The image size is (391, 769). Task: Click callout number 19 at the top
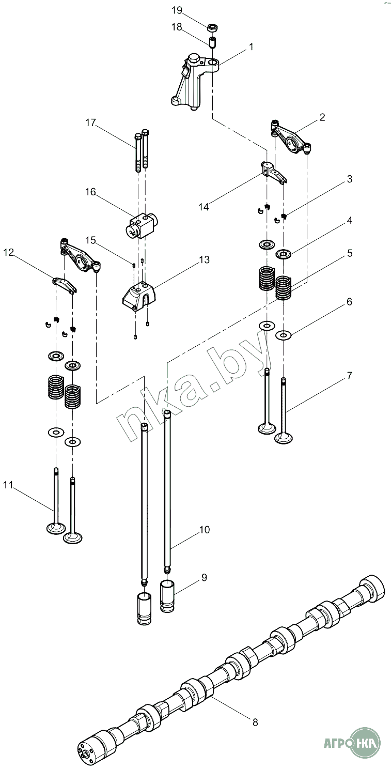[176, 10]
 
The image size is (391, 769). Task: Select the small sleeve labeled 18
[212, 41]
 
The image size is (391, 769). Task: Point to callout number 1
[251, 47]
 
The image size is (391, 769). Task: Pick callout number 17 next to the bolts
[91, 122]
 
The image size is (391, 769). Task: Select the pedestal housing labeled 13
[137, 296]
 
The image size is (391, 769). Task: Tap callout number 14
[204, 207]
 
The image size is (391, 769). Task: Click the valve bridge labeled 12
[65, 283]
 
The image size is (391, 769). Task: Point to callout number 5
[349, 253]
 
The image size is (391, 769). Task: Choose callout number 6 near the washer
[349, 302]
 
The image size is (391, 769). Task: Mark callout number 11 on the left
[7, 484]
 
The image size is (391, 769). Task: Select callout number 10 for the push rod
[204, 530]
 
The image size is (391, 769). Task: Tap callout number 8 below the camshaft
[255, 722]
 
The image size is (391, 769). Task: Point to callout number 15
[91, 240]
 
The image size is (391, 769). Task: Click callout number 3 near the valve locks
[349, 179]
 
